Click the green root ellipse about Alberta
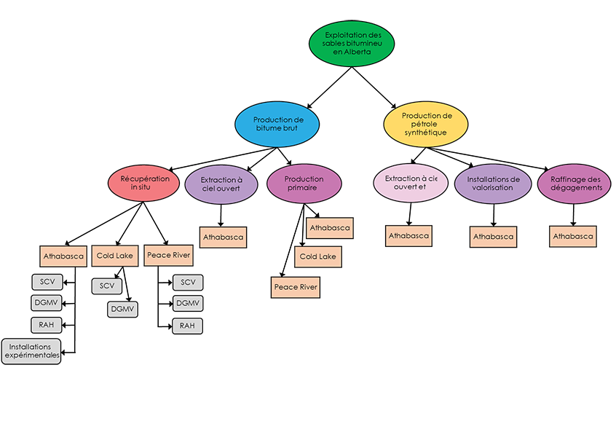pos(352,44)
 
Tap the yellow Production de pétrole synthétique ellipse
pos(426,123)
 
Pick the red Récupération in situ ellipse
pos(144,183)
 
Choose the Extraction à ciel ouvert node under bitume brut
pos(221,183)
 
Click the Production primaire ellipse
pos(304,183)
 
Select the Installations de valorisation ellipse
pos(493,183)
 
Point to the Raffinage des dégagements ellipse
pos(574,183)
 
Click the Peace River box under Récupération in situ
pos(168,256)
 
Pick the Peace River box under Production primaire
pos(296,288)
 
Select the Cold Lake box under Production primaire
pos(317,257)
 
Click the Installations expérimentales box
pos(31,351)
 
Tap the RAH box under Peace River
pos(187,326)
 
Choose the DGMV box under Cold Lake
pos(123,309)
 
